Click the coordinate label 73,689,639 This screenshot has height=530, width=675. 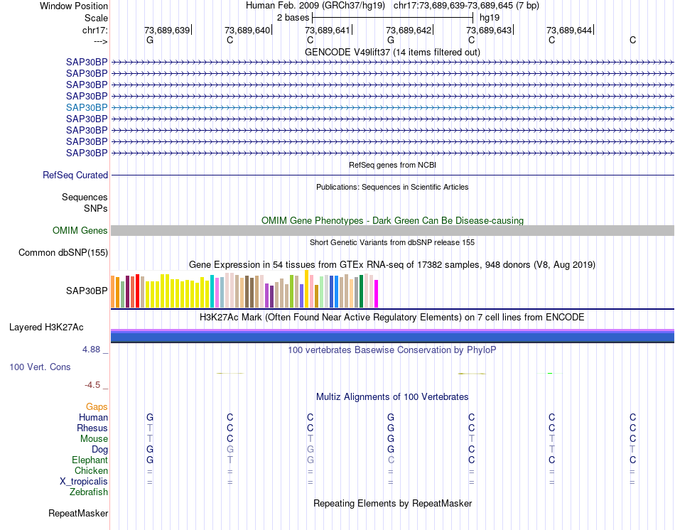[167, 30]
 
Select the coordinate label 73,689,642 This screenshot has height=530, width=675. [409, 30]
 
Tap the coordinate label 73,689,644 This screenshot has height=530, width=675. [569, 30]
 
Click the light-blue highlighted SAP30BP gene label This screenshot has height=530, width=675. [87, 107]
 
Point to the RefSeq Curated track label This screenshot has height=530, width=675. [75, 175]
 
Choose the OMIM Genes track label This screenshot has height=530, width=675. [80, 231]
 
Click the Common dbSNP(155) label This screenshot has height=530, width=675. [63, 253]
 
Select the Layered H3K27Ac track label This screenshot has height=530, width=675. [46, 328]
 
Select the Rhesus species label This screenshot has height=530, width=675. [92, 428]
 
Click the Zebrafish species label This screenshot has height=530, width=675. [89, 492]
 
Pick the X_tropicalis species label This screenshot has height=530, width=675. [84, 481]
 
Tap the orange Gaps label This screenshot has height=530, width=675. [97, 407]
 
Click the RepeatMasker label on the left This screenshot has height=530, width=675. [78, 513]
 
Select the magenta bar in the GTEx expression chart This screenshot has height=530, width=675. [377, 293]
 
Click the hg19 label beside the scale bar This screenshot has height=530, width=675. [490, 17]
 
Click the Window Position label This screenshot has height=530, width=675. [74, 6]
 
